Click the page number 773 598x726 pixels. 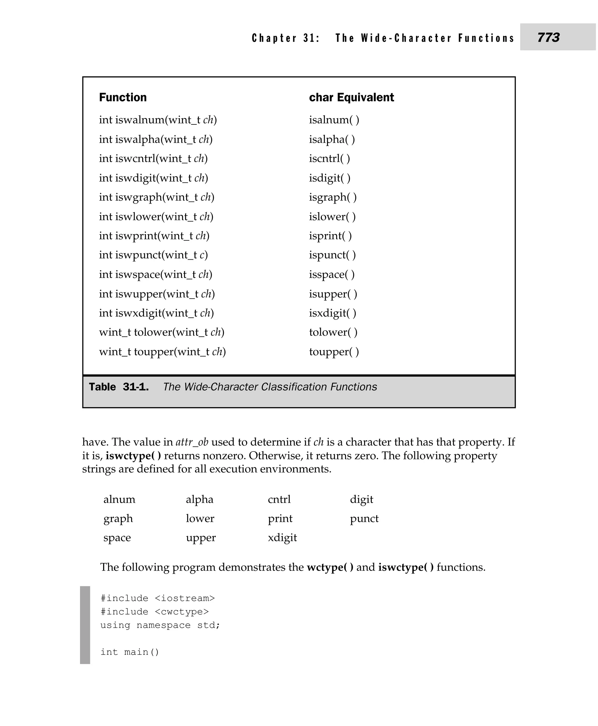point(548,37)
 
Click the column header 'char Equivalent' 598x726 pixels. point(351,98)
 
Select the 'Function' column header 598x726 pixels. point(123,98)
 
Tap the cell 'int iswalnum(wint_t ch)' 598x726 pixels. point(158,120)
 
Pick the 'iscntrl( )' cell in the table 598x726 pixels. point(329,159)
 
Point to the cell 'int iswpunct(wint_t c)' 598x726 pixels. point(153,255)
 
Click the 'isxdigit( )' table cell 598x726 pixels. point(332,313)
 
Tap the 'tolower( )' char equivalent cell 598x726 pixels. point(333,332)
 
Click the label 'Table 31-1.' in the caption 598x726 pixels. point(119,387)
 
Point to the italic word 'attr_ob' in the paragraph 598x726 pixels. point(192,442)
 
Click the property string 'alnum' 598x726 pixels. point(119,499)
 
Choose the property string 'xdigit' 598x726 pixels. point(282,538)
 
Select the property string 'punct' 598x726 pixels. point(364,519)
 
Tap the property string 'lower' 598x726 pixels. point(200,519)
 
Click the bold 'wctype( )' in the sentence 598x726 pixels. point(330,567)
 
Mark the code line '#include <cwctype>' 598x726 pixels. point(154,612)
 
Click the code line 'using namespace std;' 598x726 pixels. point(160,625)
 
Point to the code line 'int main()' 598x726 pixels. point(130,652)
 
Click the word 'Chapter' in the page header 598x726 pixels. point(274,38)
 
